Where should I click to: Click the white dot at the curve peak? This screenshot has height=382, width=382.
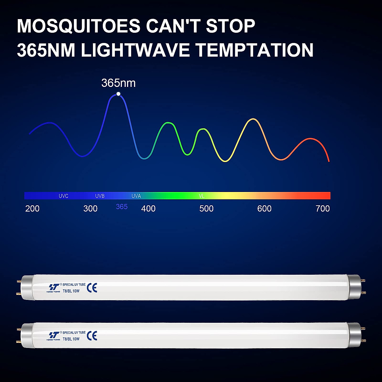pos(118,94)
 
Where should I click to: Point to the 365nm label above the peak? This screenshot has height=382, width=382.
pos(118,83)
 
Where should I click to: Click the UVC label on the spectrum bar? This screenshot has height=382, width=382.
pos(63,196)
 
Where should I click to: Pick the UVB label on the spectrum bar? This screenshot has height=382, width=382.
pos(100,196)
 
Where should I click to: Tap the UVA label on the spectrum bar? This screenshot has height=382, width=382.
pos(136,196)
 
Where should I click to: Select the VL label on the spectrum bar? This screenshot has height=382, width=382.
pos(202,196)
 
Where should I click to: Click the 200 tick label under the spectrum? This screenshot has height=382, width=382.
pos(32,209)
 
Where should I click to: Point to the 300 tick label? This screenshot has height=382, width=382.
pos(90,209)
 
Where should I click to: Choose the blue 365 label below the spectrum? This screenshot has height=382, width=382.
pos(122,207)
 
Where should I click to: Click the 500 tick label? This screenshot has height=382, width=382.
pos(206,209)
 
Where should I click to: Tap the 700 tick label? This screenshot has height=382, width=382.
pos(323,209)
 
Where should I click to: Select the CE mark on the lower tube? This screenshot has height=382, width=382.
pos(92,335)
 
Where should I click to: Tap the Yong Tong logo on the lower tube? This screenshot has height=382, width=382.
pos(53,336)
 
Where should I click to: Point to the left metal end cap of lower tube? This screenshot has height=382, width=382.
pos(27,336)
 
